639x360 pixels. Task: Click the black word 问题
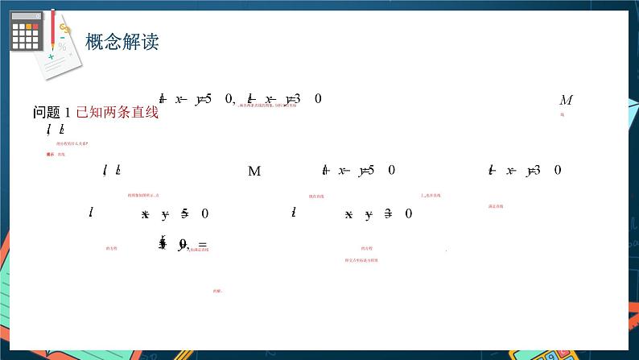[x=47, y=113]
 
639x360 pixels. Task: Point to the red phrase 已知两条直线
[x=117, y=113]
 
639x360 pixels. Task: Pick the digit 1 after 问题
[x=68, y=113]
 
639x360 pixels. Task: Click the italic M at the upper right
[x=566, y=100]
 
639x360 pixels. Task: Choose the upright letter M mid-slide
[x=254, y=171]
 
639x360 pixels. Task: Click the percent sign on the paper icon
[x=61, y=47]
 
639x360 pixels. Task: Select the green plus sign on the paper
[x=52, y=56]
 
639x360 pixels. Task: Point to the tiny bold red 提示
[x=51, y=154]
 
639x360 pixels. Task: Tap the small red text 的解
[x=217, y=291]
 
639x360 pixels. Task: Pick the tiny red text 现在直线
[x=316, y=196]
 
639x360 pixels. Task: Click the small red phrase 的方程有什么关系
[x=72, y=143]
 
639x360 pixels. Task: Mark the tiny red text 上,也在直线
[x=430, y=196]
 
